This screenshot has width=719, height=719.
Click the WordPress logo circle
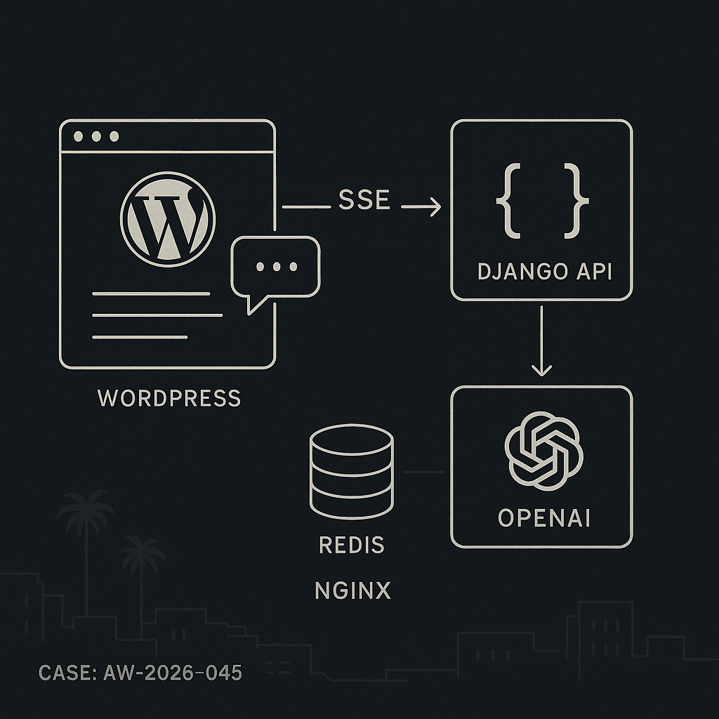tap(167, 219)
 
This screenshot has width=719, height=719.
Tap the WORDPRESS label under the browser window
tap(169, 398)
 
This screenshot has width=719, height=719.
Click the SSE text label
tap(364, 200)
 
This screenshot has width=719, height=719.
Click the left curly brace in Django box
tap(508, 201)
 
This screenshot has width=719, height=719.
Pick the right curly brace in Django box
tap(576, 201)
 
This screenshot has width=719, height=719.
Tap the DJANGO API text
tap(545, 272)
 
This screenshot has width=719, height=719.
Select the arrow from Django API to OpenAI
tap(541, 341)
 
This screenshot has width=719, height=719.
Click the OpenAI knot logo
tap(544, 451)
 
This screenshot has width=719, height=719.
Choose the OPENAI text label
tap(544, 518)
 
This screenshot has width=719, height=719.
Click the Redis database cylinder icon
tap(352, 471)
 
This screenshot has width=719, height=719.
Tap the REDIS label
tap(352, 545)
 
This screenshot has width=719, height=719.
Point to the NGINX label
tap(352, 591)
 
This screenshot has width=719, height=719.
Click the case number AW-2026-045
tap(173, 673)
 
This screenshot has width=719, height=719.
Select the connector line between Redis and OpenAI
tap(423, 472)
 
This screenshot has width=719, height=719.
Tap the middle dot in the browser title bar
tap(96, 136)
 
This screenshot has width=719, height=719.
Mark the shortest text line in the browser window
tap(140, 337)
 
